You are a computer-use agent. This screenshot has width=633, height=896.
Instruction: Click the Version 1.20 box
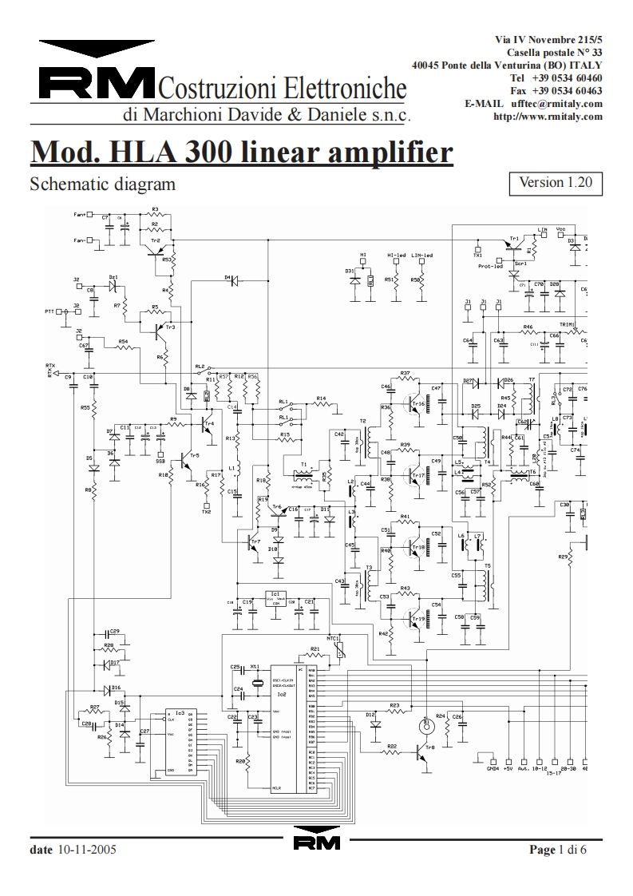pos(555,182)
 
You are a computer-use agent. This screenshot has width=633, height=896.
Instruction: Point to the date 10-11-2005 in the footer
pos(86,850)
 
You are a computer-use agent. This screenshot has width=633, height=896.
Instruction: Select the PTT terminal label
pos(50,311)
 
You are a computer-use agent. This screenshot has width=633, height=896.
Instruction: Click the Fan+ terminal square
pos(90,215)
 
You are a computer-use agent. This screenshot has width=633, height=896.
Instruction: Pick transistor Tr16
pos(414,402)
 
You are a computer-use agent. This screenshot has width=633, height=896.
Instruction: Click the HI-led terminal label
pos(398,256)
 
